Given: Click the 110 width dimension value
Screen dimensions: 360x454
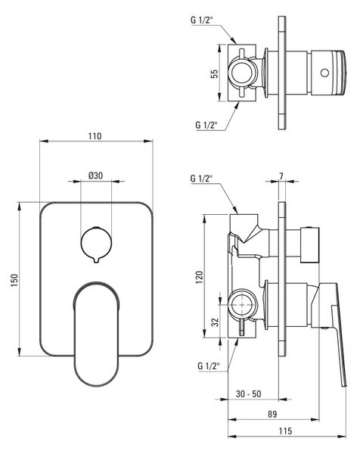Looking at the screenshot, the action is (95, 135).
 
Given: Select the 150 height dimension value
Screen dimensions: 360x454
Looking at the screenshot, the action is (14, 280).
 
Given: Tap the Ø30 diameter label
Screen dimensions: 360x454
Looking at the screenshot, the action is (95, 176).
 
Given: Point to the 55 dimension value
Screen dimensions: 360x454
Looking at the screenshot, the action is (215, 74).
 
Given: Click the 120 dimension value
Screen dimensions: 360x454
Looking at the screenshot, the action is (200, 277).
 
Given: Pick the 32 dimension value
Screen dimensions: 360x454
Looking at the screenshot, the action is (215, 322).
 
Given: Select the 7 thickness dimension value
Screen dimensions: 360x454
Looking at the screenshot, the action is (281, 176).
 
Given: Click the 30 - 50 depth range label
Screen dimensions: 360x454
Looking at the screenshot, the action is (248, 393).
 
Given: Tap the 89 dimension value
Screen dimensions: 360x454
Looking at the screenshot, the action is (272, 414).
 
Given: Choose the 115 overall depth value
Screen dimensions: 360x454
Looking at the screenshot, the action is (285, 431).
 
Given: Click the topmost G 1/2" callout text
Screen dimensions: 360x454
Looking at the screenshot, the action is (202, 20).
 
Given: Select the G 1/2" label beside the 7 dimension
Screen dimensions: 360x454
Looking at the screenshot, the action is (201, 178).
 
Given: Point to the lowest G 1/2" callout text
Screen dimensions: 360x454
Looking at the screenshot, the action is (209, 365).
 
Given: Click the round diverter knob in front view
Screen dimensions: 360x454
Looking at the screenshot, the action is (96, 243).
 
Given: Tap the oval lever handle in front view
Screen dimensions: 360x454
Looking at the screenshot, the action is (96, 334).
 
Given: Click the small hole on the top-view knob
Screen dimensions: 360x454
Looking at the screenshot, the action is (324, 73).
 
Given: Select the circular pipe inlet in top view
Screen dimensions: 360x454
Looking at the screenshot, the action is (242, 73).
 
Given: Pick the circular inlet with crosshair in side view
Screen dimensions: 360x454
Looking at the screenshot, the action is (242, 305).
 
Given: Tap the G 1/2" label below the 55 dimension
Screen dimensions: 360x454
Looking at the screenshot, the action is (206, 125).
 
